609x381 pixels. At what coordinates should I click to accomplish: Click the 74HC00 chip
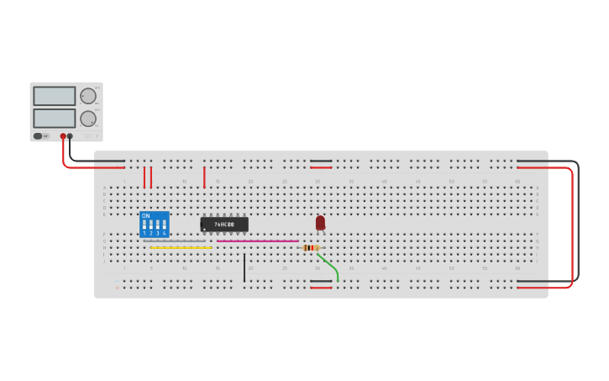[x=224, y=225]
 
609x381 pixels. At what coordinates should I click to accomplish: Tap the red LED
[x=320, y=222]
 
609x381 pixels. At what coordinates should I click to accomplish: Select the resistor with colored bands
[x=309, y=247]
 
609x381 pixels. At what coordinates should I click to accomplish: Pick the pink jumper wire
[x=257, y=241]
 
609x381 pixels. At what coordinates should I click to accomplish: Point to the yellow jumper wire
[x=180, y=247]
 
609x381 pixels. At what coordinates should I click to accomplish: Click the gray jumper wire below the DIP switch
[x=175, y=241]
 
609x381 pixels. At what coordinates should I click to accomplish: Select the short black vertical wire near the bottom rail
[x=244, y=267]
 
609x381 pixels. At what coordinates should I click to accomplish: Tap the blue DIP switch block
[x=155, y=225]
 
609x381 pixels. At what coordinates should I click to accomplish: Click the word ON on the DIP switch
[x=146, y=216]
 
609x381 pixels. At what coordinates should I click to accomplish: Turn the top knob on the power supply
[x=87, y=96]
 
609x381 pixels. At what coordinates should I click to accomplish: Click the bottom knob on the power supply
[x=87, y=118]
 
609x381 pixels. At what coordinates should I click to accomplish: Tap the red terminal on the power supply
[x=62, y=135]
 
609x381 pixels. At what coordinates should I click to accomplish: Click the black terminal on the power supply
[x=70, y=135]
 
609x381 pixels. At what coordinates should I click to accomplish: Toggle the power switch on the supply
[x=39, y=135]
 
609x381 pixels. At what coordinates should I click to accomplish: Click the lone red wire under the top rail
[x=204, y=177]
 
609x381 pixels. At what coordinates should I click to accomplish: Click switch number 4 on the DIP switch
[x=164, y=226]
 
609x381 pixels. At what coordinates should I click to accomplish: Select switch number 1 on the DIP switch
[x=144, y=226]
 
